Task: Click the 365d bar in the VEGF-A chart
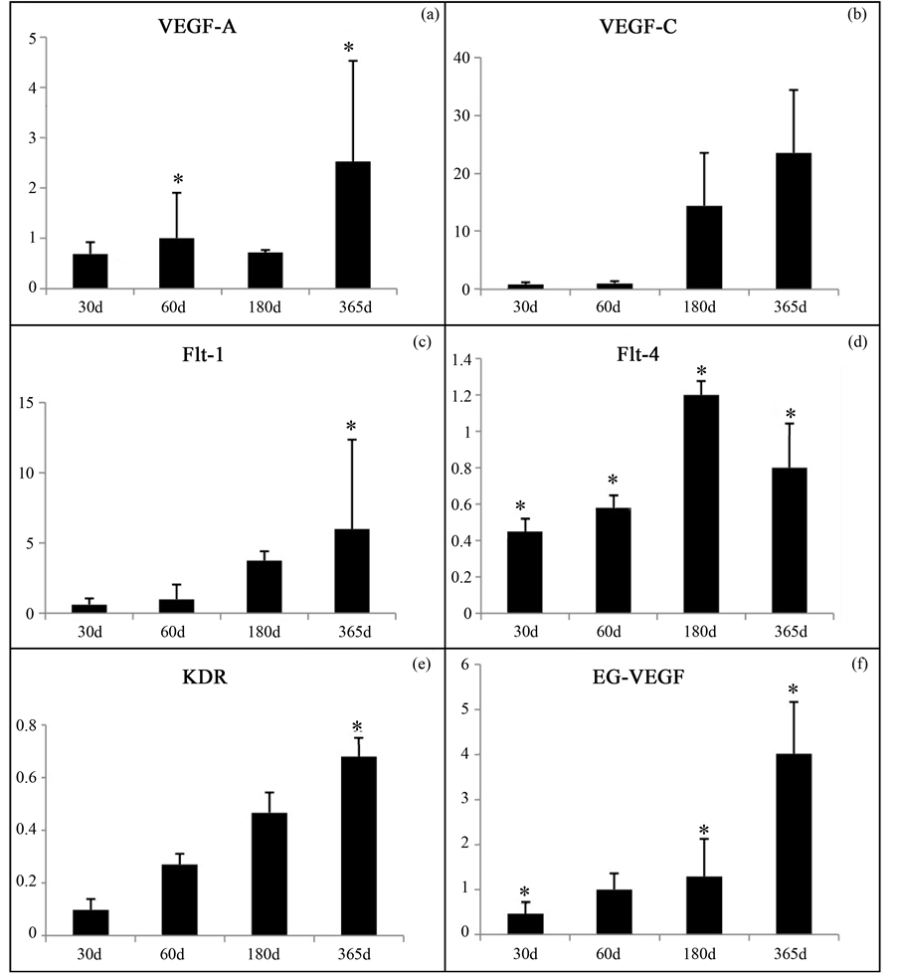click(x=352, y=225)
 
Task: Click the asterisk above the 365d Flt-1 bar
click(x=350, y=428)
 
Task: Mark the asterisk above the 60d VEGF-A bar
click(x=178, y=180)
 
